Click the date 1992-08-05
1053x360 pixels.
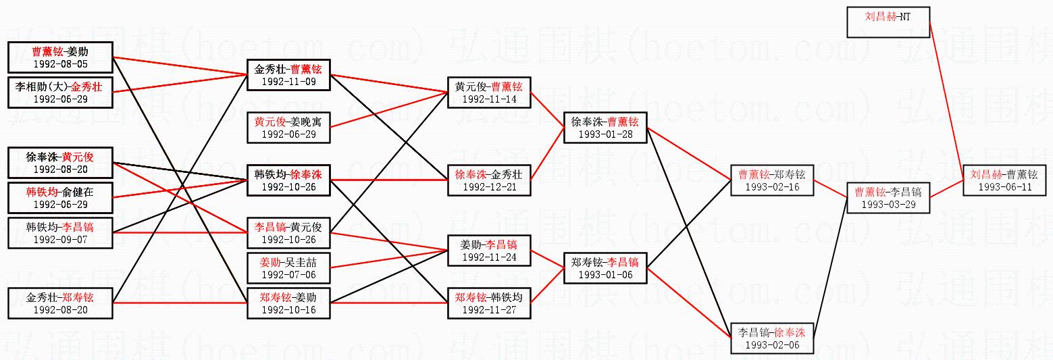pyautogui.click(x=60, y=64)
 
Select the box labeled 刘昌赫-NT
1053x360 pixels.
pyautogui.click(x=888, y=22)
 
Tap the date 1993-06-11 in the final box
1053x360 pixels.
pyautogui.click(x=1004, y=187)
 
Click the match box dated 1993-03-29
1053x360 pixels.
pyautogui.click(x=888, y=197)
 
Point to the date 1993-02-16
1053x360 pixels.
pyautogui.click(x=772, y=187)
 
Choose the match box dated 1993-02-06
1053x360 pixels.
pyautogui.click(x=772, y=338)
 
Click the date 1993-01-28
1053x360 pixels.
pyautogui.click(x=605, y=134)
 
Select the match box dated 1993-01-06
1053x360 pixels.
pyautogui.click(x=605, y=267)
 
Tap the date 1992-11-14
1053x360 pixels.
pyautogui.click(x=488, y=99)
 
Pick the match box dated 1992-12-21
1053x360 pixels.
pyautogui.click(x=488, y=179)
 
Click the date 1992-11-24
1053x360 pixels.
pyautogui.click(x=488, y=257)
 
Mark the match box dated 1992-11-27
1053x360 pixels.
pyautogui.click(x=488, y=303)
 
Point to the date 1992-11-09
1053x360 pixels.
pyautogui.click(x=288, y=82)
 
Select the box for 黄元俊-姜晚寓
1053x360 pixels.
pyautogui.click(x=288, y=127)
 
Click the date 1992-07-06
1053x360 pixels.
pyautogui.click(x=288, y=275)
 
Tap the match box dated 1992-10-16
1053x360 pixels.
pyautogui.click(x=288, y=303)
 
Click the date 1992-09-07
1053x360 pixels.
pyautogui.click(x=60, y=239)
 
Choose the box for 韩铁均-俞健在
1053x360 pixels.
pyautogui.click(x=60, y=197)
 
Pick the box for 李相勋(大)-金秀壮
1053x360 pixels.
pyautogui.click(x=60, y=92)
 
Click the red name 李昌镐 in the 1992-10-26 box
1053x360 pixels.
pyautogui.click(x=269, y=227)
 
